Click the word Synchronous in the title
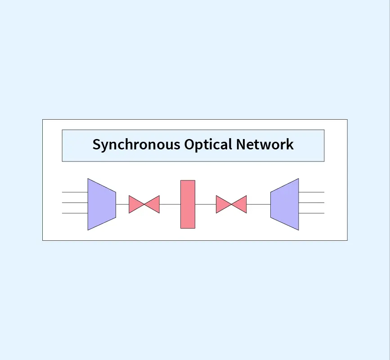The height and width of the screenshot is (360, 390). pos(136,145)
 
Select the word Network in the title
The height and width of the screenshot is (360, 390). pos(265,145)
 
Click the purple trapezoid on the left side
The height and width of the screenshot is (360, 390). pos(102,204)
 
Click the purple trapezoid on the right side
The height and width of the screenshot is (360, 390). pos(285,204)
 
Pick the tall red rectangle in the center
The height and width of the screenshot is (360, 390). pos(188,204)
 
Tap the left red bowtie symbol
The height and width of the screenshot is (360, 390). pos(144,204)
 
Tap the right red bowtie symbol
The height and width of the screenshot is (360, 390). pos(231,204)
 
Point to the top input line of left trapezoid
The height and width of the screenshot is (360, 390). pos(75,192)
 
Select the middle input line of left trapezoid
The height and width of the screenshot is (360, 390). pos(75,203)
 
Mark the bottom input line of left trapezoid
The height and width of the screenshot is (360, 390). pos(75,213)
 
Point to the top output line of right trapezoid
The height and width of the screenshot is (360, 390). pos(311,192)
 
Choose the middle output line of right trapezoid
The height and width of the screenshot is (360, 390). pos(311,203)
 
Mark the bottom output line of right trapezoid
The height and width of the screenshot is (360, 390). pos(311,213)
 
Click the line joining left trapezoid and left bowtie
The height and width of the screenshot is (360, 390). pos(122,204)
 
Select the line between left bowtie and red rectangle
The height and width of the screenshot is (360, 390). pos(170,204)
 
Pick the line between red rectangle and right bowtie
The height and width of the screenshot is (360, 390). pos(206,204)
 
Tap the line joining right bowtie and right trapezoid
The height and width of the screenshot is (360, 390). pos(259,204)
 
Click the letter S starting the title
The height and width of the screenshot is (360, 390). pos(96,145)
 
